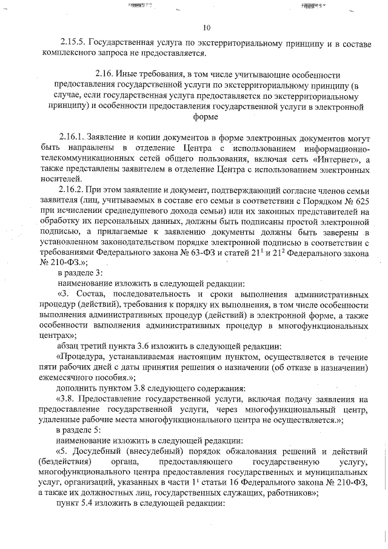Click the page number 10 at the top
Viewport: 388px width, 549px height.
(x=206, y=27)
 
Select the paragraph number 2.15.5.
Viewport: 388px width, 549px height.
(x=73, y=43)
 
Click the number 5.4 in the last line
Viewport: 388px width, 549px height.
(x=89, y=503)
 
